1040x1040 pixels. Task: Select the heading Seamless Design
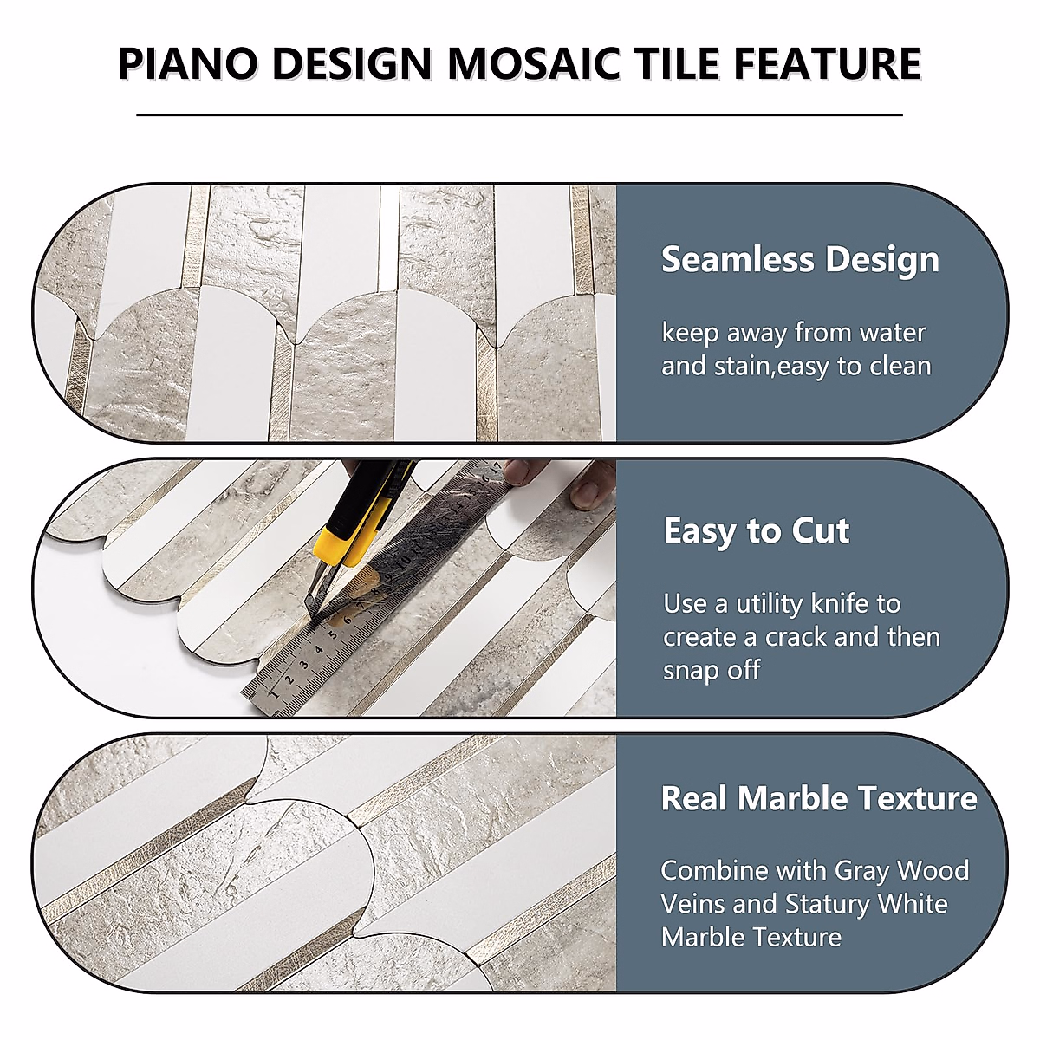(800, 259)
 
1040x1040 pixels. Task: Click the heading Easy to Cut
(756, 530)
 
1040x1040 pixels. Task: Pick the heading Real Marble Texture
(818, 798)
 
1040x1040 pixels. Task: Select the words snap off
(711, 671)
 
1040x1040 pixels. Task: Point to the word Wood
(933, 870)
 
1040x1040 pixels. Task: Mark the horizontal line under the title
(519, 114)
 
